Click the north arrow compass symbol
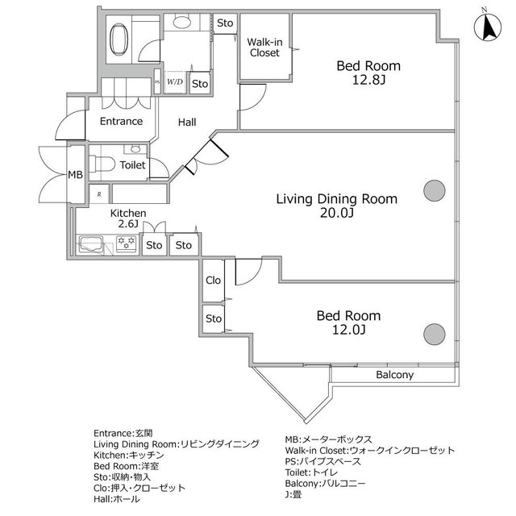click(x=488, y=27)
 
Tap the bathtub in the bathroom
click(x=119, y=40)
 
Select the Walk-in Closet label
click(x=264, y=48)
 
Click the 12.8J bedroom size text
click(x=368, y=80)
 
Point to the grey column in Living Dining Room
click(x=435, y=190)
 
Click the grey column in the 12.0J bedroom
click(x=435, y=334)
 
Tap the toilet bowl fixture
click(x=102, y=164)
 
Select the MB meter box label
click(x=75, y=175)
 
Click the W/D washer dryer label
click(x=175, y=81)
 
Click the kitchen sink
click(x=91, y=243)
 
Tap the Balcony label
click(x=394, y=375)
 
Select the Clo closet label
click(x=213, y=281)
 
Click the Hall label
click(x=187, y=123)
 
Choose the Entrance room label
click(x=121, y=122)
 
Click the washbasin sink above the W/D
click(x=182, y=22)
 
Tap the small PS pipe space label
click(x=157, y=82)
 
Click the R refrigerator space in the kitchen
click(x=99, y=194)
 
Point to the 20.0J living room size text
click(x=337, y=213)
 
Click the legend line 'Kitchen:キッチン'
click(x=129, y=455)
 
